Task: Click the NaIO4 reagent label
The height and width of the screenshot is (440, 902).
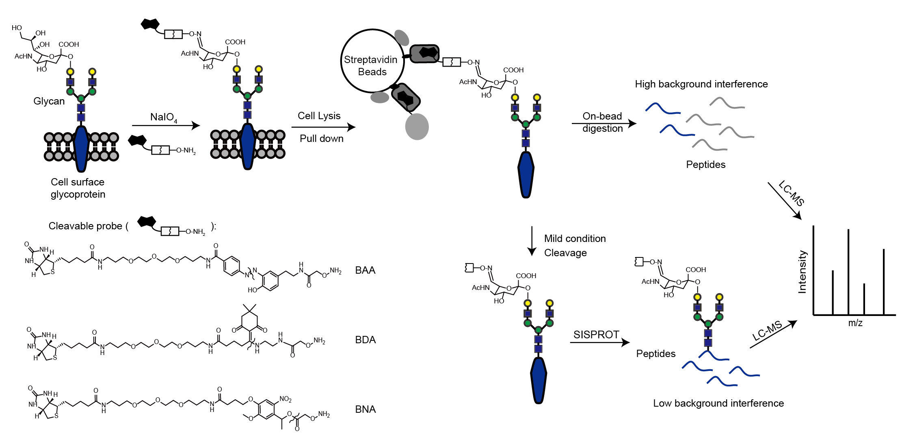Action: point(163,118)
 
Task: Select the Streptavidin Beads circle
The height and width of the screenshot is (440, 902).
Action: point(372,61)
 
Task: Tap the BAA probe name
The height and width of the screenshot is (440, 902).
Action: point(365,270)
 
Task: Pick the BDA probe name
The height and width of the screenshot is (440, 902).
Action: point(365,340)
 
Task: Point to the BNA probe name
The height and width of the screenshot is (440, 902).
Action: point(365,410)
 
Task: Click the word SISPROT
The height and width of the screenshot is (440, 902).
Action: point(596,335)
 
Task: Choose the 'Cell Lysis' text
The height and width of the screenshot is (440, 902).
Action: point(319,116)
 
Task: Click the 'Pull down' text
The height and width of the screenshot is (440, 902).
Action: point(321,139)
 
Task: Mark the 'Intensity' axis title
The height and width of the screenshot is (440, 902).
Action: point(802,272)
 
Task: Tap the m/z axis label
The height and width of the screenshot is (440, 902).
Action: point(855,323)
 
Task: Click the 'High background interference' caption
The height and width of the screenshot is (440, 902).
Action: point(701,84)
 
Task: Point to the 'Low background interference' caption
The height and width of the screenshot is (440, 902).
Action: point(718,403)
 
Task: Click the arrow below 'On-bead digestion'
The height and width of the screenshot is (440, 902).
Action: point(603,123)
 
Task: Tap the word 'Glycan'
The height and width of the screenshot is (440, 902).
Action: point(49,101)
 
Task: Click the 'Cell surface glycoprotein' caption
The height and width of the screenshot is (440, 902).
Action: point(78,188)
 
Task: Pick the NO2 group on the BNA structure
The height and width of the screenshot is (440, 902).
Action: point(285,399)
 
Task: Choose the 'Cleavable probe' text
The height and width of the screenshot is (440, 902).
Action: point(85,226)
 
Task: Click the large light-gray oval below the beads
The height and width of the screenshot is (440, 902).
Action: point(417,126)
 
